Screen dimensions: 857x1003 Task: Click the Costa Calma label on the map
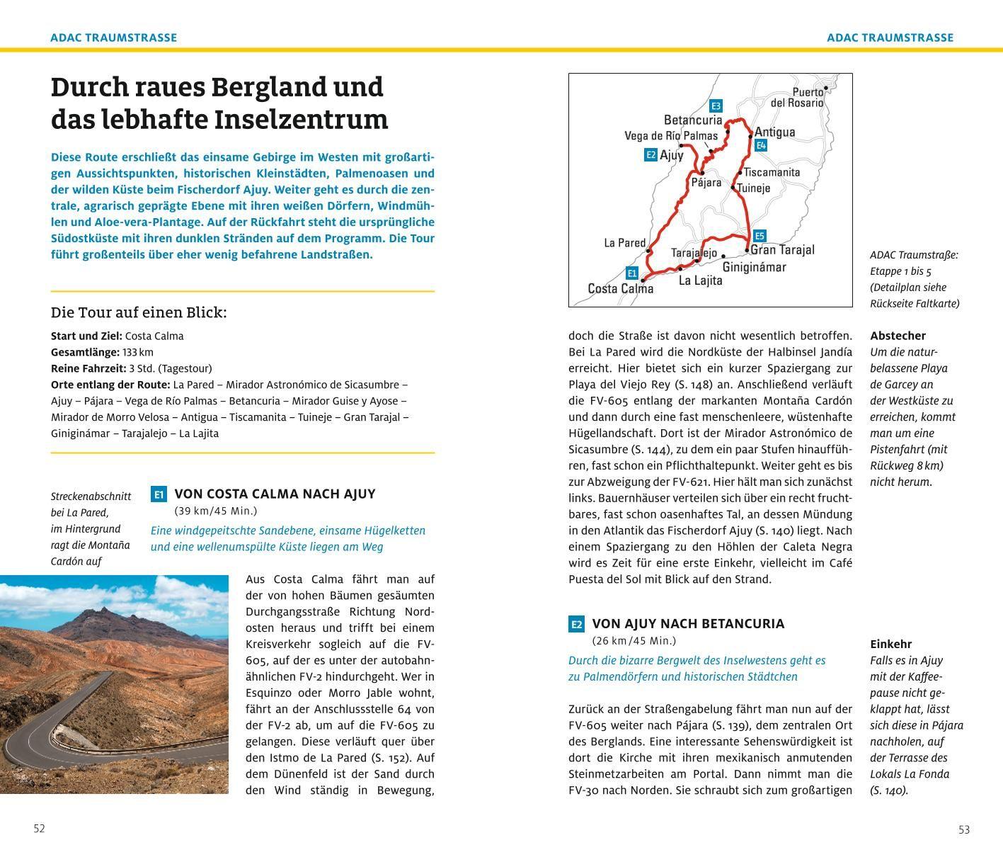[621, 288]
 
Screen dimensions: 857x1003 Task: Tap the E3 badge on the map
[716, 106]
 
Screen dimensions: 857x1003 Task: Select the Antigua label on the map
[775, 132]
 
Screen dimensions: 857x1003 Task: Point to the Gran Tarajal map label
[782, 249]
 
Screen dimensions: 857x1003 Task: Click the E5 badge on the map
[759, 236]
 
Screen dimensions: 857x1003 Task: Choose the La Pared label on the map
[625, 243]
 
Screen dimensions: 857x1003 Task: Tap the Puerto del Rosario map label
[798, 97]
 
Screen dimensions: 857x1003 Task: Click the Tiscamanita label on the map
[772, 172]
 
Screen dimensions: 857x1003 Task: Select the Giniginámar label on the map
[754, 267]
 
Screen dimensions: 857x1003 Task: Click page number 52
[40, 828]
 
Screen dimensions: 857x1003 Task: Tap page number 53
[964, 829]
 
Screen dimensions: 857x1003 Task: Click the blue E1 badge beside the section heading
[159, 494]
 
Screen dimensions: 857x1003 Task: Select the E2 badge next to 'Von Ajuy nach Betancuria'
[576, 624]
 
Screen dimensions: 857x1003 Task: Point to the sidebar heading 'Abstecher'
[898, 336]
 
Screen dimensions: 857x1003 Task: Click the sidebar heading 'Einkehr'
[890, 644]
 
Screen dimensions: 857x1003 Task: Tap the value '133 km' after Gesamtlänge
[137, 352]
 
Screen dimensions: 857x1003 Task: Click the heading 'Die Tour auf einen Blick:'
[139, 312]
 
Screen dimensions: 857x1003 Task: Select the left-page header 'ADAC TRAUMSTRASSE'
[113, 38]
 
